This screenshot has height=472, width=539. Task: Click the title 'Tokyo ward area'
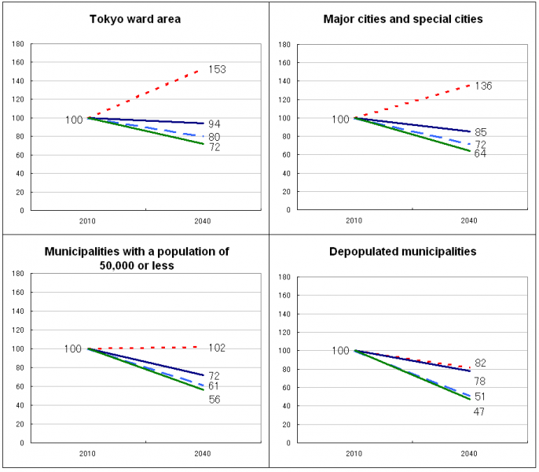pos(135,18)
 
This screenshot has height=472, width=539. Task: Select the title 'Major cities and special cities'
pos(403,18)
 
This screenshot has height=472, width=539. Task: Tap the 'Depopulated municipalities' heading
pos(403,252)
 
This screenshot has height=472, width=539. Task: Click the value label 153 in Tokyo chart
pos(217,70)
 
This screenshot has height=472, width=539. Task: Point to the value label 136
pos(482,86)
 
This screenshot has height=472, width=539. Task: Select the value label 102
pos(217,348)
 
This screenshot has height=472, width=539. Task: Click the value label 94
pos(214,124)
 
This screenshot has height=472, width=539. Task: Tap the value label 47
pos(478,411)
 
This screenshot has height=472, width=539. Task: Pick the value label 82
pos(481,363)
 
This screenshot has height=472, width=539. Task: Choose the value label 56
pos(214,400)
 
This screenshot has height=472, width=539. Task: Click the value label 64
pos(480,153)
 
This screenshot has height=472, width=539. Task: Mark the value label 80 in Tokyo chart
pos(214,137)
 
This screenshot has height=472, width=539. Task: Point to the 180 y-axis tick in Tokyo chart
pos(17,44)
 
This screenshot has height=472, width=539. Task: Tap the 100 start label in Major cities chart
pos(340,120)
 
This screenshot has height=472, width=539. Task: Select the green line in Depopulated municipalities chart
pos(416,377)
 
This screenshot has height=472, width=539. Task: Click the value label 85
pos(481,133)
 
